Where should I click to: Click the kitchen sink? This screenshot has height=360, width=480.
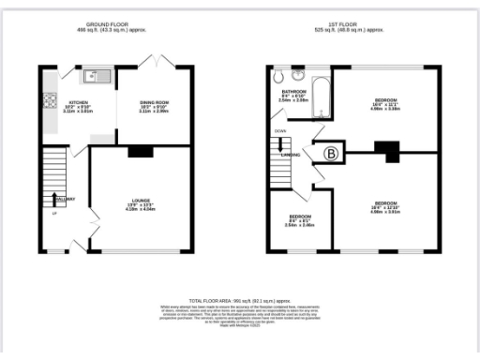point(94,74)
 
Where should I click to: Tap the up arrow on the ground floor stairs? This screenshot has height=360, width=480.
point(53,199)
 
